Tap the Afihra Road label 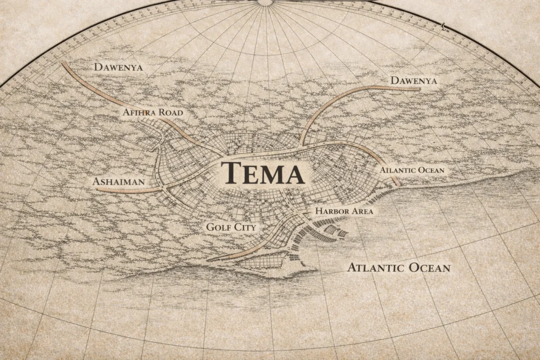click(x=153, y=112)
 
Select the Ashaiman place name click(x=118, y=182)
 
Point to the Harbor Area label click(x=344, y=211)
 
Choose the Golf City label click(x=231, y=227)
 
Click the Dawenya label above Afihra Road click(x=118, y=67)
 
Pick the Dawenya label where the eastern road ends click(x=414, y=81)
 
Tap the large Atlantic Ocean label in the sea click(x=399, y=268)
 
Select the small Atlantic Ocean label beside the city click(x=412, y=170)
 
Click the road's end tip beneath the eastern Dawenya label click(x=419, y=90)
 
